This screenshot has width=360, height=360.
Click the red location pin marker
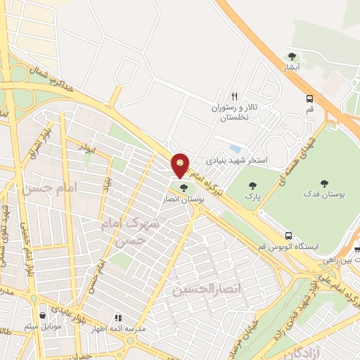tap(181, 166)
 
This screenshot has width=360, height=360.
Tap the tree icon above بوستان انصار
tap(184, 188)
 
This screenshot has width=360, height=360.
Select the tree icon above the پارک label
tap(253, 186)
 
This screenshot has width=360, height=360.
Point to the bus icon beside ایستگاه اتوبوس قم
tap(288, 236)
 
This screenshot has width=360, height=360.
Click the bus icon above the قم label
tap(310, 99)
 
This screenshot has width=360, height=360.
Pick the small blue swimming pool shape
tap(236, 149)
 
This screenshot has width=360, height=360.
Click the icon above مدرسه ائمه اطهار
tap(118, 318)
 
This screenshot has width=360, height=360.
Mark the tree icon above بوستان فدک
tap(324, 182)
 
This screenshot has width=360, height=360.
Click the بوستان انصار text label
tap(184, 200)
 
